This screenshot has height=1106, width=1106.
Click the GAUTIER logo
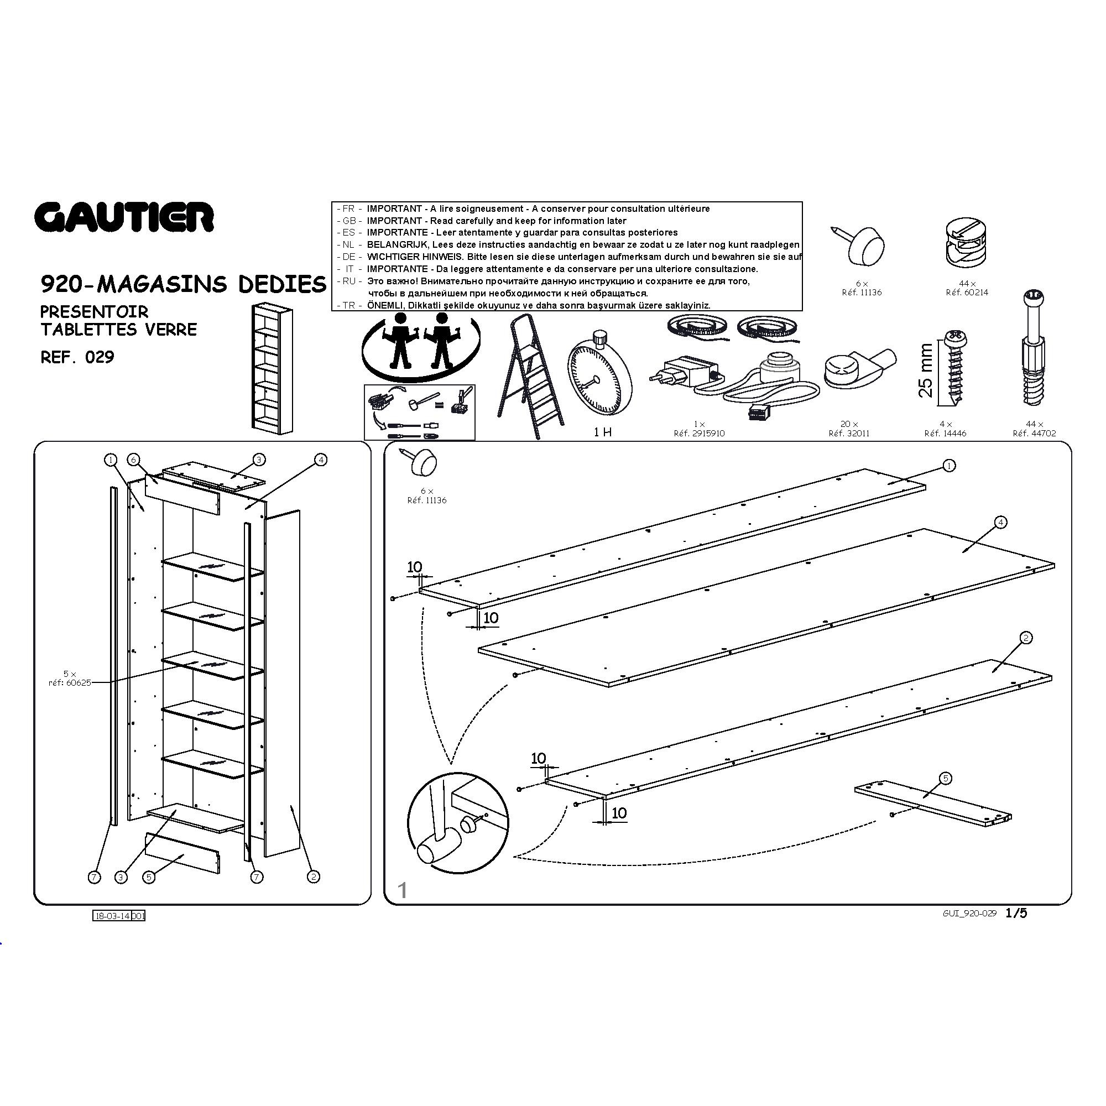tap(124, 217)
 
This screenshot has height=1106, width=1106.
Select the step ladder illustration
tap(529, 376)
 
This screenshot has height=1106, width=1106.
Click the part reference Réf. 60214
tap(967, 293)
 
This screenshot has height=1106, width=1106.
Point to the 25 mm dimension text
tap(925, 371)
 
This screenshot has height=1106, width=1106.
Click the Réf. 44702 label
tap(1034, 434)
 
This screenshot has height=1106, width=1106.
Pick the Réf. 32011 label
tap(849, 434)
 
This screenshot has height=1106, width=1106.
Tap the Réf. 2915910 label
tap(699, 434)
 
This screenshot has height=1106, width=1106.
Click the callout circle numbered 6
tap(133, 460)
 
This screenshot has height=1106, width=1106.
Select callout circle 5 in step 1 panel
tap(945, 778)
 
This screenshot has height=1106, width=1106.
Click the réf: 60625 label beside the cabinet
tap(70, 682)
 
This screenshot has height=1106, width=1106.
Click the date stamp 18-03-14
tap(113, 916)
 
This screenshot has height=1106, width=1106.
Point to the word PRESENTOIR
tap(94, 312)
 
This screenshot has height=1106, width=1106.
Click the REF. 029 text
tap(77, 357)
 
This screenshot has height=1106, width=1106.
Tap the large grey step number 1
tap(403, 890)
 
